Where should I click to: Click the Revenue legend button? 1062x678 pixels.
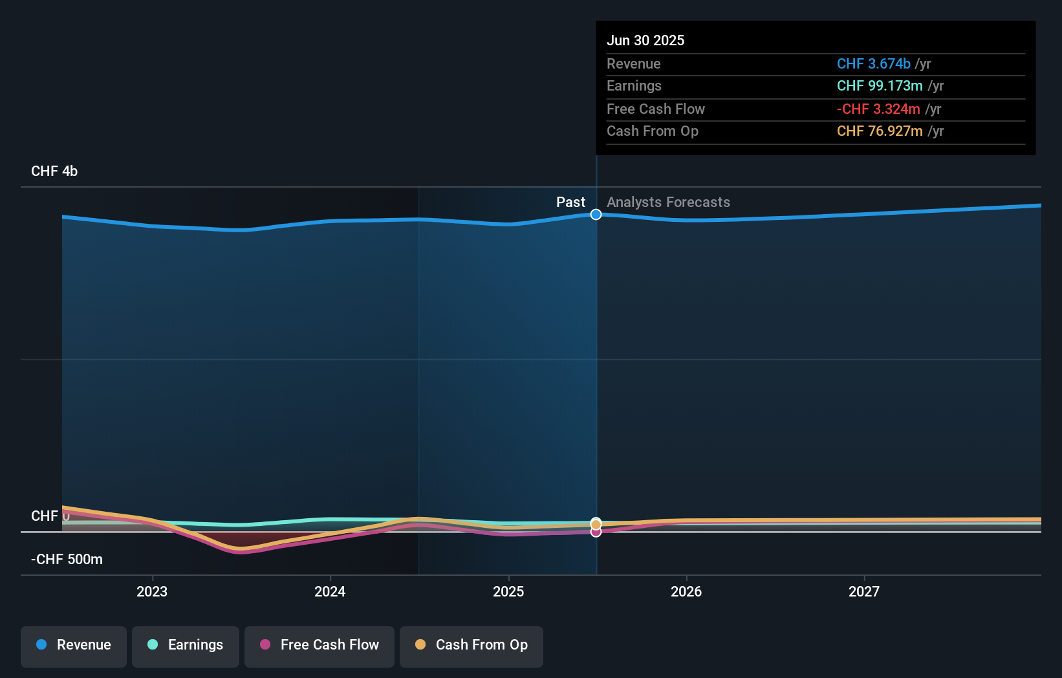coord(74,646)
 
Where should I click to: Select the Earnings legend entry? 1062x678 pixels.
coord(186,646)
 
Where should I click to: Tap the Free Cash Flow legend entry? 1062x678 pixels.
coord(320,646)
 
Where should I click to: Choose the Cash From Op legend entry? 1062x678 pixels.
coord(471,646)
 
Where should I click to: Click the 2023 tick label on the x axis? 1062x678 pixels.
coord(152,591)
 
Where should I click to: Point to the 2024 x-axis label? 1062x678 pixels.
coord(330,591)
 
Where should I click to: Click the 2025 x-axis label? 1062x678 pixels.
coord(508,591)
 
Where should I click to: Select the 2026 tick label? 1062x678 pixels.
coord(686,591)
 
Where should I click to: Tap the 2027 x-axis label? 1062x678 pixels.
coord(864,591)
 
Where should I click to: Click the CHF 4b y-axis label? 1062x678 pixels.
coord(54,171)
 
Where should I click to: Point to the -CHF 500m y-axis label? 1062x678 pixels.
coord(67,560)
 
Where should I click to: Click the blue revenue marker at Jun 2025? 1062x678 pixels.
coord(596,214)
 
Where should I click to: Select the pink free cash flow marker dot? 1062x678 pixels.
coord(596,532)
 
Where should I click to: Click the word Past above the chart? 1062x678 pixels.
coord(570,202)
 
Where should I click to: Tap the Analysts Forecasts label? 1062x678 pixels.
coord(668,202)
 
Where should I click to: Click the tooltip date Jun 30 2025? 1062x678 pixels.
coord(645,41)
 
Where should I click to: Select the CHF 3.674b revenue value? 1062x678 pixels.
coord(873,64)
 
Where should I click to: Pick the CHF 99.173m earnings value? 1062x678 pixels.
coord(880,86)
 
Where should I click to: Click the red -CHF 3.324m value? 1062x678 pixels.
coord(878,109)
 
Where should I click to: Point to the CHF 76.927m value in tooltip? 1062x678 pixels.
coord(880,131)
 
